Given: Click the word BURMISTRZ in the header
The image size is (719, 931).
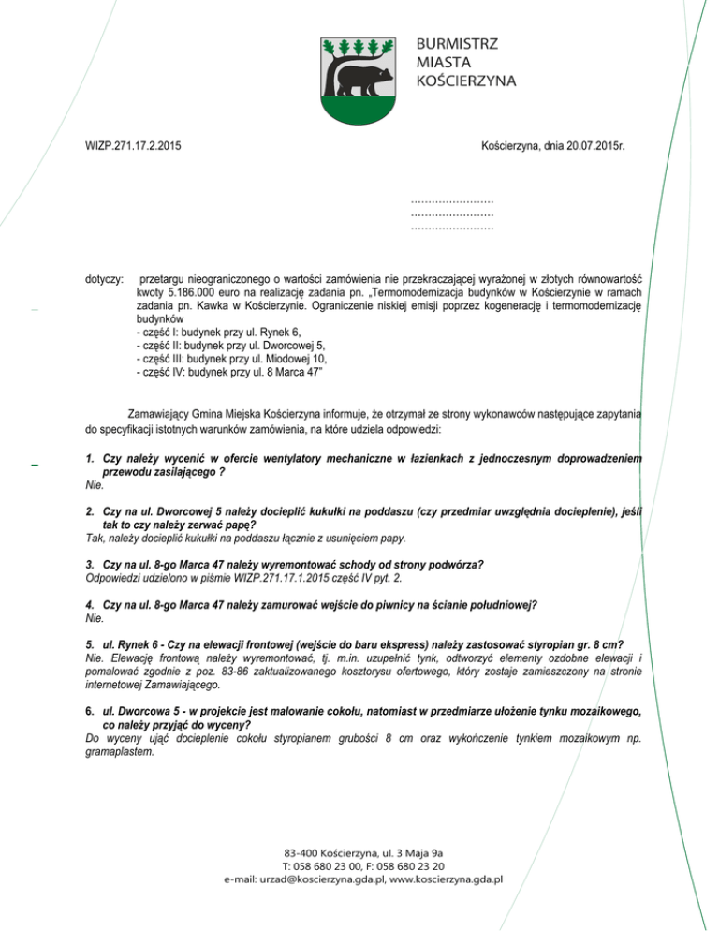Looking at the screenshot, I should coord(459,44).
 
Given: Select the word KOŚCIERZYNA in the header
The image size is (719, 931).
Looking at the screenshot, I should coord(466,81).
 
